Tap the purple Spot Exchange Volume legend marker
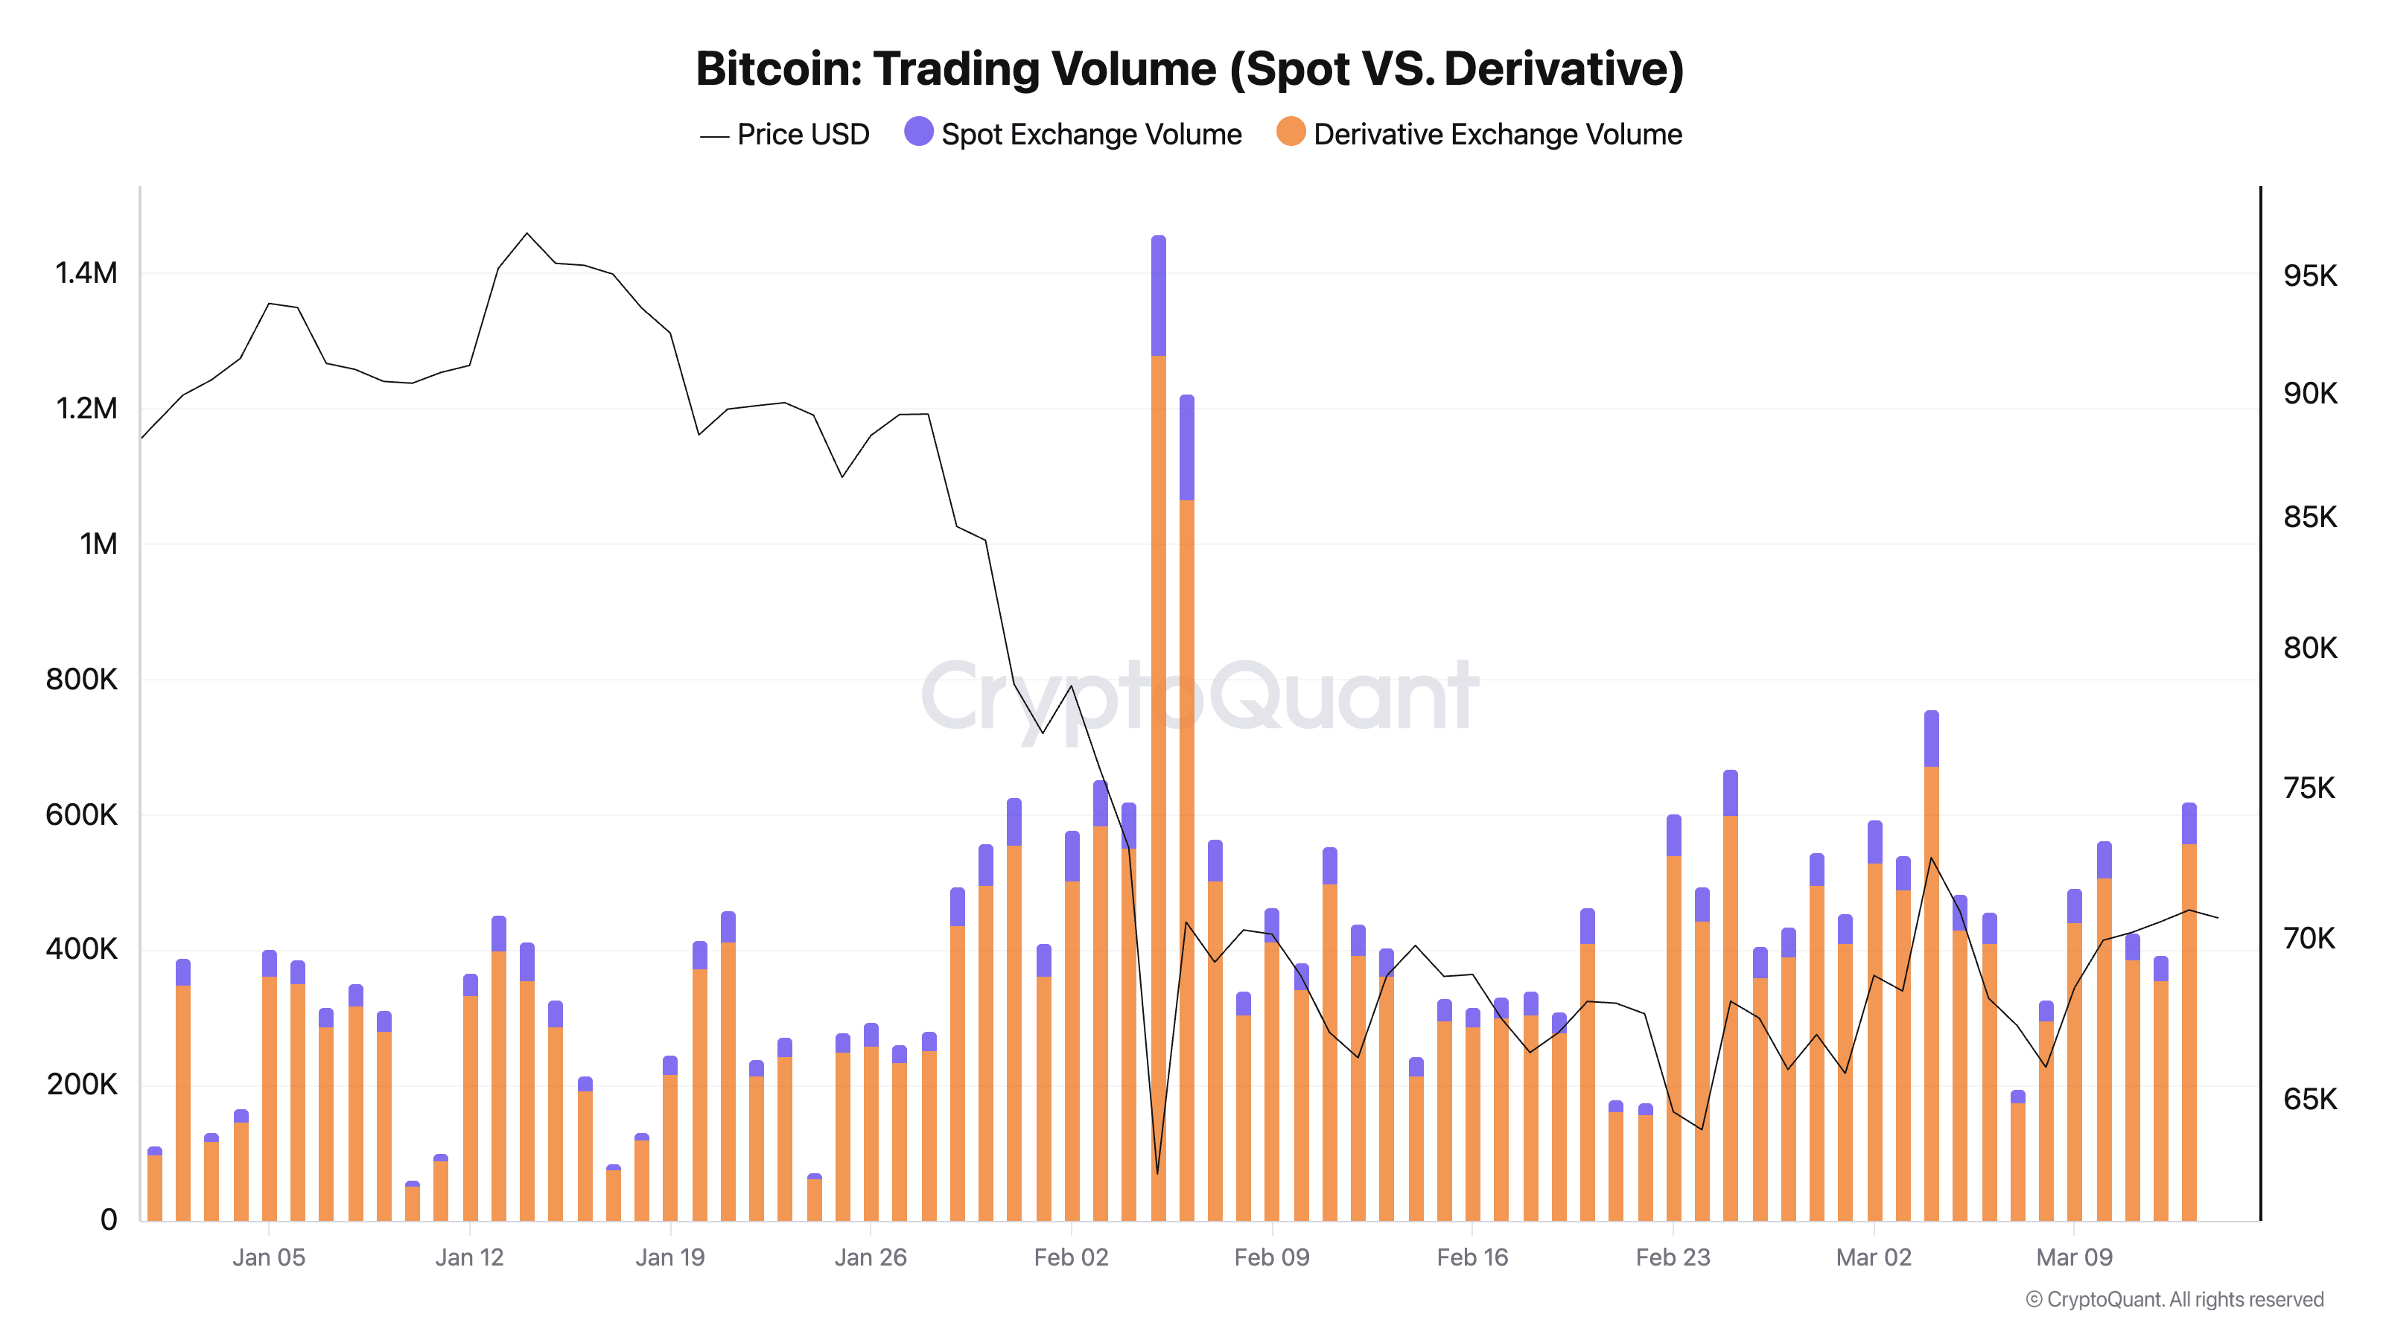tap(917, 133)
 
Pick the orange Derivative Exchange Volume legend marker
tap(1291, 133)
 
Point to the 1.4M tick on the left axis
tap(86, 274)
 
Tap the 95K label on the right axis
tap(2310, 275)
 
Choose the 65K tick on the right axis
tap(2310, 1100)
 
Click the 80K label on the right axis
tap(2310, 648)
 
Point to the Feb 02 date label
tap(1070, 1257)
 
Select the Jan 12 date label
tap(469, 1257)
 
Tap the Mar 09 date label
tap(2074, 1257)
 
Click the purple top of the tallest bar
tap(1158, 296)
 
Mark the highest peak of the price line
tap(526, 234)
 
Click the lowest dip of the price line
tap(1157, 1172)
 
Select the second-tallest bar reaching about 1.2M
tap(1187, 740)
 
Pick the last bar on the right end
tap(2189, 1017)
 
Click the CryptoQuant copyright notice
tap(2174, 1299)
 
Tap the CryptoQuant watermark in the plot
tap(1200, 695)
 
